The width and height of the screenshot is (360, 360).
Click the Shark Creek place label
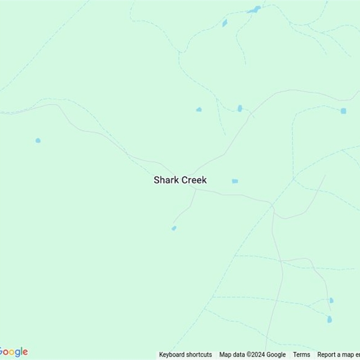point(180,180)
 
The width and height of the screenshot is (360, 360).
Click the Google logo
point(13,352)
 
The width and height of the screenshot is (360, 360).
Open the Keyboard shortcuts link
point(185,355)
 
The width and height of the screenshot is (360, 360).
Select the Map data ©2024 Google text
point(252,355)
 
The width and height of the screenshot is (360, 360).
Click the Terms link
point(301,355)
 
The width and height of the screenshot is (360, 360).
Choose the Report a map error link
point(338,355)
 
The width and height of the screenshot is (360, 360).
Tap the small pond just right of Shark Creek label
point(235,181)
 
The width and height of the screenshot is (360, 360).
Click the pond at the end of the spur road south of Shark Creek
point(174,229)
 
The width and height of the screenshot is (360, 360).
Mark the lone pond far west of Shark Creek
point(38,140)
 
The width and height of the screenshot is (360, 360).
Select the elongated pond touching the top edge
point(254,9)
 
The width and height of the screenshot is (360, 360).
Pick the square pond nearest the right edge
point(343,111)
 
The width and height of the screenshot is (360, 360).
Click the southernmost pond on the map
point(329,319)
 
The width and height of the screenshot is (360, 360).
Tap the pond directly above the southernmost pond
point(331,300)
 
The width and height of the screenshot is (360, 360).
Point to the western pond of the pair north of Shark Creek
point(199,109)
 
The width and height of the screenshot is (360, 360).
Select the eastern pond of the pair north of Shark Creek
point(240,108)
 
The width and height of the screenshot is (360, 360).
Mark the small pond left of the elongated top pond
point(225,22)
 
